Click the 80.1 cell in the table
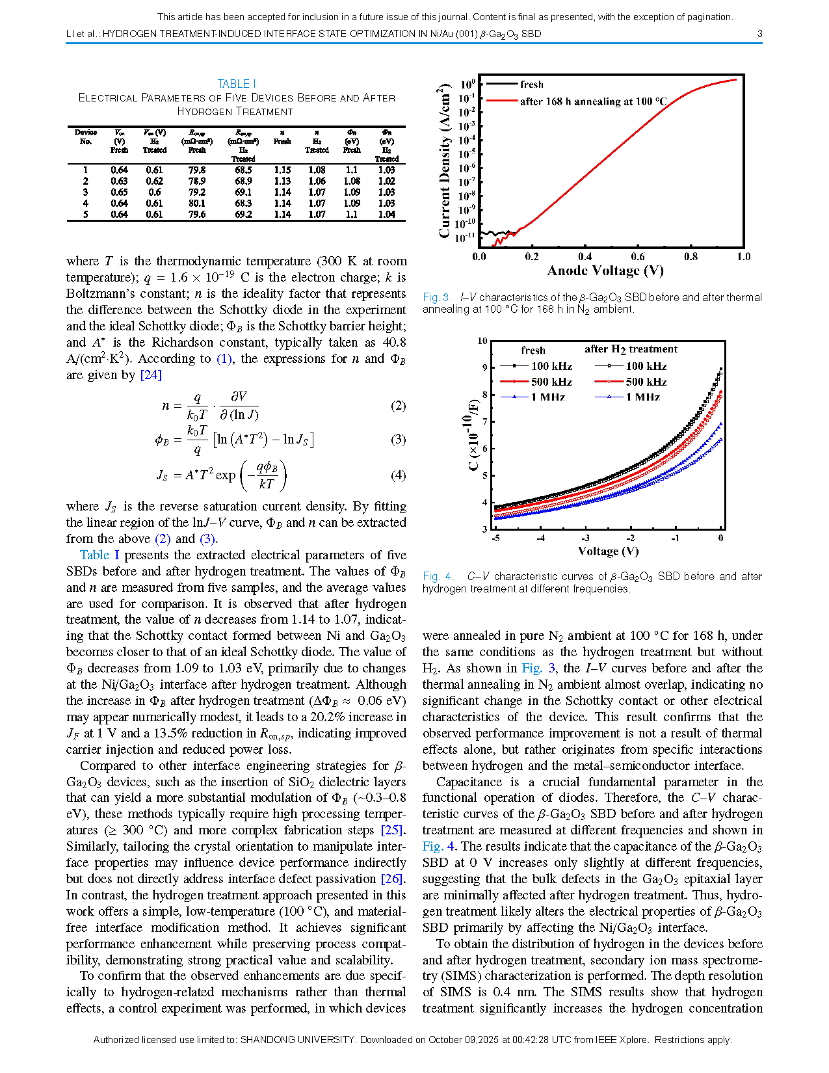click(197, 204)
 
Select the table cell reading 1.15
click(282, 170)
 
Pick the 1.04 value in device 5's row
click(386, 215)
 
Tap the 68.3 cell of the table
click(243, 204)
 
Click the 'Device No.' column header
click(86, 137)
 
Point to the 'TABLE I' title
click(236, 84)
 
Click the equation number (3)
click(398, 440)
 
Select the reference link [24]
click(151, 375)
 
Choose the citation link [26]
click(393, 879)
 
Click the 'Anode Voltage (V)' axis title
click(605, 271)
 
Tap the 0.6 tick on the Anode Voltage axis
click(638, 257)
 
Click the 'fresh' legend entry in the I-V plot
click(531, 85)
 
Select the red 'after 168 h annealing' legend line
click(502, 101)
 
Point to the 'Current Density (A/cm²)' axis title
click(445, 161)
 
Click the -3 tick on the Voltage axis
click(585, 538)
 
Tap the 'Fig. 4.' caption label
click(438, 576)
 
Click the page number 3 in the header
click(759, 34)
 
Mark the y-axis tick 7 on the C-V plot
click(484, 421)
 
